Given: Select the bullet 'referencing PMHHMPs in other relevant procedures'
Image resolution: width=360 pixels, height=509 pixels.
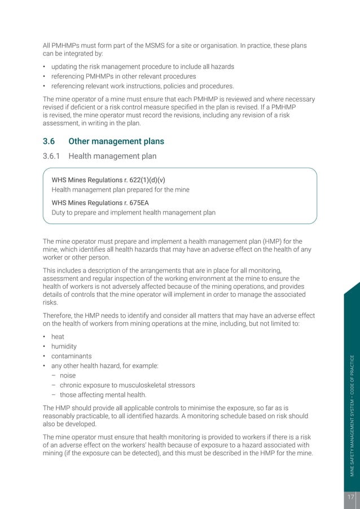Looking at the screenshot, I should tap(123, 76).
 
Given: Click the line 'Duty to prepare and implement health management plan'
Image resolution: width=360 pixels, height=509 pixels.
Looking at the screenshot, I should tap(133, 212).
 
